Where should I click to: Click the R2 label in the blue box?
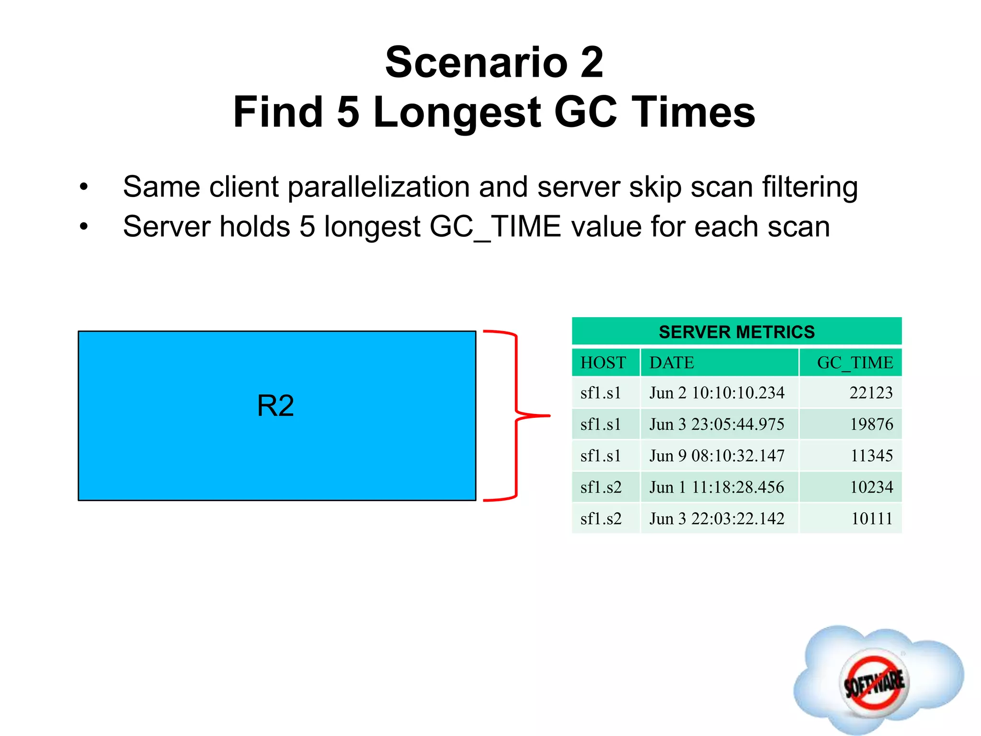click(x=275, y=406)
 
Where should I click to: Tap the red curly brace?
click(x=516, y=415)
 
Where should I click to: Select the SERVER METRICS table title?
click(x=736, y=332)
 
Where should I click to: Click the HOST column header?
click(x=603, y=363)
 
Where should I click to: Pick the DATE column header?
click(x=672, y=363)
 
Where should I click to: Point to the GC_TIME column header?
click(x=855, y=363)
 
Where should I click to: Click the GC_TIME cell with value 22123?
click(x=871, y=393)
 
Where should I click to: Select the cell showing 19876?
click(x=871, y=424)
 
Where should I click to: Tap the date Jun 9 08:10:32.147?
click(x=717, y=456)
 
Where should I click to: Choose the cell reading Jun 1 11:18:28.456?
click(x=717, y=487)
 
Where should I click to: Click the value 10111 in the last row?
click(x=872, y=518)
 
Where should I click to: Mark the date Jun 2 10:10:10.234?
click(x=717, y=393)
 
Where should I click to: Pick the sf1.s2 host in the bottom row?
click(x=601, y=518)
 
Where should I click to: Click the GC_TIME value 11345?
click(x=871, y=456)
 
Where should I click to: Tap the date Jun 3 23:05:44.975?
click(x=717, y=424)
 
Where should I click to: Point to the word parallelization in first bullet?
click(x=378, y=187)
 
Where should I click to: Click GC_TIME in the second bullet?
click(x=495, y=227)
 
